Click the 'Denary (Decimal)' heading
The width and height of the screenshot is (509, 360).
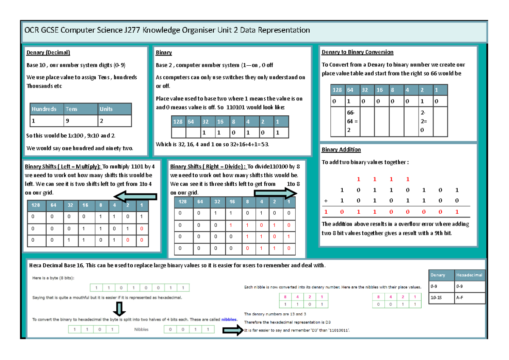tap(48, 53)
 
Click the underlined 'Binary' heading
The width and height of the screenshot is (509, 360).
tap(164, 53)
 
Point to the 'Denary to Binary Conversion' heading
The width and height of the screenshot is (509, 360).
tap(357, 52)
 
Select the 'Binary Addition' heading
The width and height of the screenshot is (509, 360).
tap(341, 150)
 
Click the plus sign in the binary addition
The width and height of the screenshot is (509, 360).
tap(326, 200)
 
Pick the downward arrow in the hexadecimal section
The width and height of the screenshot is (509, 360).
tap(120, 309)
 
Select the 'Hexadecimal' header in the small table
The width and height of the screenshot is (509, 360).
tap(470, 275)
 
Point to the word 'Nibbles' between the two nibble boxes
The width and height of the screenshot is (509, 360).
tap(141, 329)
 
